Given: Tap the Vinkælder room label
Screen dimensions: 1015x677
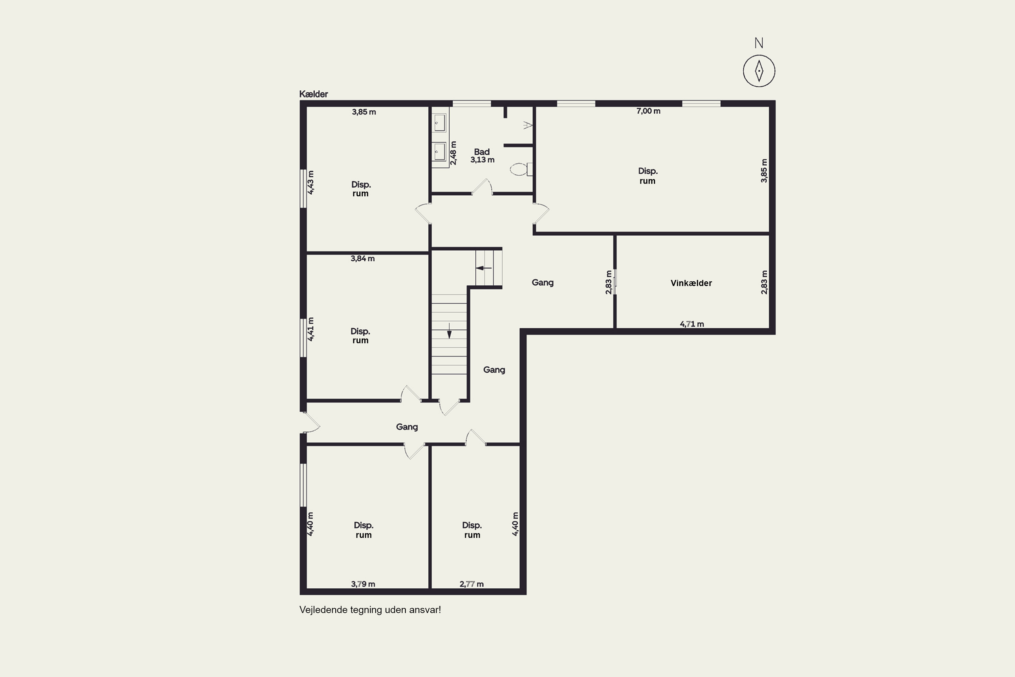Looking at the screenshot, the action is [x=691, y=283].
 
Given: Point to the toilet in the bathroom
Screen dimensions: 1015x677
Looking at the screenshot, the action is [x=521, y=169].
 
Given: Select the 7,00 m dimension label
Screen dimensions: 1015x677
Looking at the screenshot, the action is [x=648, y=111].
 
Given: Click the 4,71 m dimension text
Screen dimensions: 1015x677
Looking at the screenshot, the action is [x=692, y=324].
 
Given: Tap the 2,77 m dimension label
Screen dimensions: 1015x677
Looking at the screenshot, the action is [x=471, y=584].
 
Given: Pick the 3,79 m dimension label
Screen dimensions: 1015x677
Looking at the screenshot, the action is [x=363, y=584].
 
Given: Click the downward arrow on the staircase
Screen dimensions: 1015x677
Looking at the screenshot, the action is [x=449, y=331].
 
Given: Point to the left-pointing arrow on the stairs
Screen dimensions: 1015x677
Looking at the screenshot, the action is [x=484, y=268].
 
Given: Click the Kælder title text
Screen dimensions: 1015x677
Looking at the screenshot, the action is [x=314, y=94].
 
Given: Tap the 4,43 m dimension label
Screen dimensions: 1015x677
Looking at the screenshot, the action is [x=311, y=182].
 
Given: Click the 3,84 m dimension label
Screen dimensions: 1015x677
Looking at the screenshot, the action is [x=362, y=259].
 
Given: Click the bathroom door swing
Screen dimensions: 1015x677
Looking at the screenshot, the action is [x=482, y=187].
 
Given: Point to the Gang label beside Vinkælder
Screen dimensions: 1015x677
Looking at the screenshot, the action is [x=542, y=283].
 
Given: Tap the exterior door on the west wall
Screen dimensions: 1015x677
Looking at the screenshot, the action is [x=311, y=422].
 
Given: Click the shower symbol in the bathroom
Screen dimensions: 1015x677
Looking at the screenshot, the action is [x=527, y=125].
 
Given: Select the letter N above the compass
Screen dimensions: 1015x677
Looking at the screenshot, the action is [x=759, y=43].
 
